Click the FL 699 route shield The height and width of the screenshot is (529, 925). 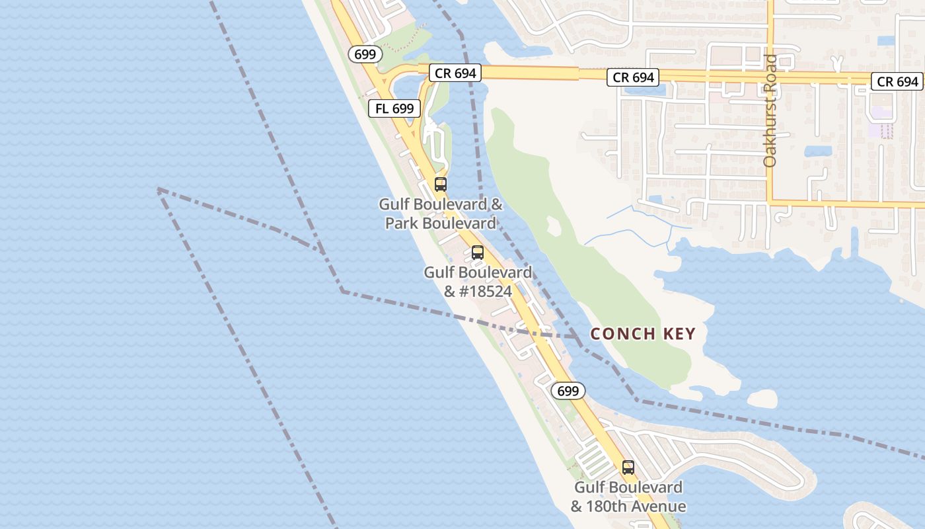coord(394,108)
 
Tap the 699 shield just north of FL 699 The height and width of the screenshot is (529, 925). coord(365,54)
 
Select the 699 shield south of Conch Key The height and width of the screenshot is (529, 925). coord(568,391)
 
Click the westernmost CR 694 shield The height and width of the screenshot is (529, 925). coord(456,73)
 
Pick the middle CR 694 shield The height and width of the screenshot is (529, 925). coord(633,77)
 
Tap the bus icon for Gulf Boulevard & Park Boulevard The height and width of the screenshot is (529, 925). coord(441,184)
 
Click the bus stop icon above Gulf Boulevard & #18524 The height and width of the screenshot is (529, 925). coord(478,252)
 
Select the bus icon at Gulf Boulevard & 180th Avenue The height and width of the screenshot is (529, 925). coord(628,468)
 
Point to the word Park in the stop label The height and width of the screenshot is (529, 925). coord(402,224)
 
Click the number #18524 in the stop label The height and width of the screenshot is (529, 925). coord(485,292)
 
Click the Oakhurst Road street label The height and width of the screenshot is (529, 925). coord(770,111)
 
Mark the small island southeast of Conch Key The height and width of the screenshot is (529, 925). coord(762,398)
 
